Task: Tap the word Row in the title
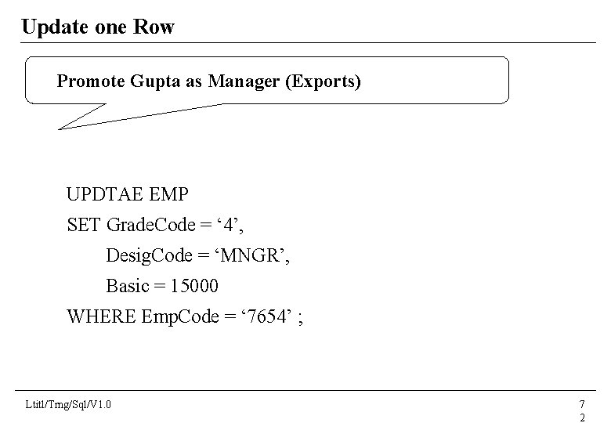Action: coord(156,27)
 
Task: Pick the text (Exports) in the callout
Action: coord(324,81)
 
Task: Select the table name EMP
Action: coord(170,194)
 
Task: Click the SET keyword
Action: coord(84,225)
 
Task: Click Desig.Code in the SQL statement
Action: coord(150,255)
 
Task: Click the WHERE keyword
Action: coord(101,316)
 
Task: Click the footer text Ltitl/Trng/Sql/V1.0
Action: coord(68,404)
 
